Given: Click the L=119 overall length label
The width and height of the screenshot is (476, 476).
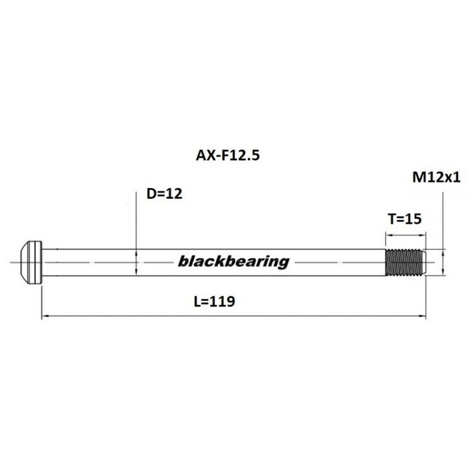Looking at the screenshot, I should tap(215, 301).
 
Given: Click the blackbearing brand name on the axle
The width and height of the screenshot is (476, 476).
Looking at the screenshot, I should tap(234, 261).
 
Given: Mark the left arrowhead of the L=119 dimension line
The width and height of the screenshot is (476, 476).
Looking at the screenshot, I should tap(43, 316).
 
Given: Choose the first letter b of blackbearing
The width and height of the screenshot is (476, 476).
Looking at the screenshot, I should tap(183, 261).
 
